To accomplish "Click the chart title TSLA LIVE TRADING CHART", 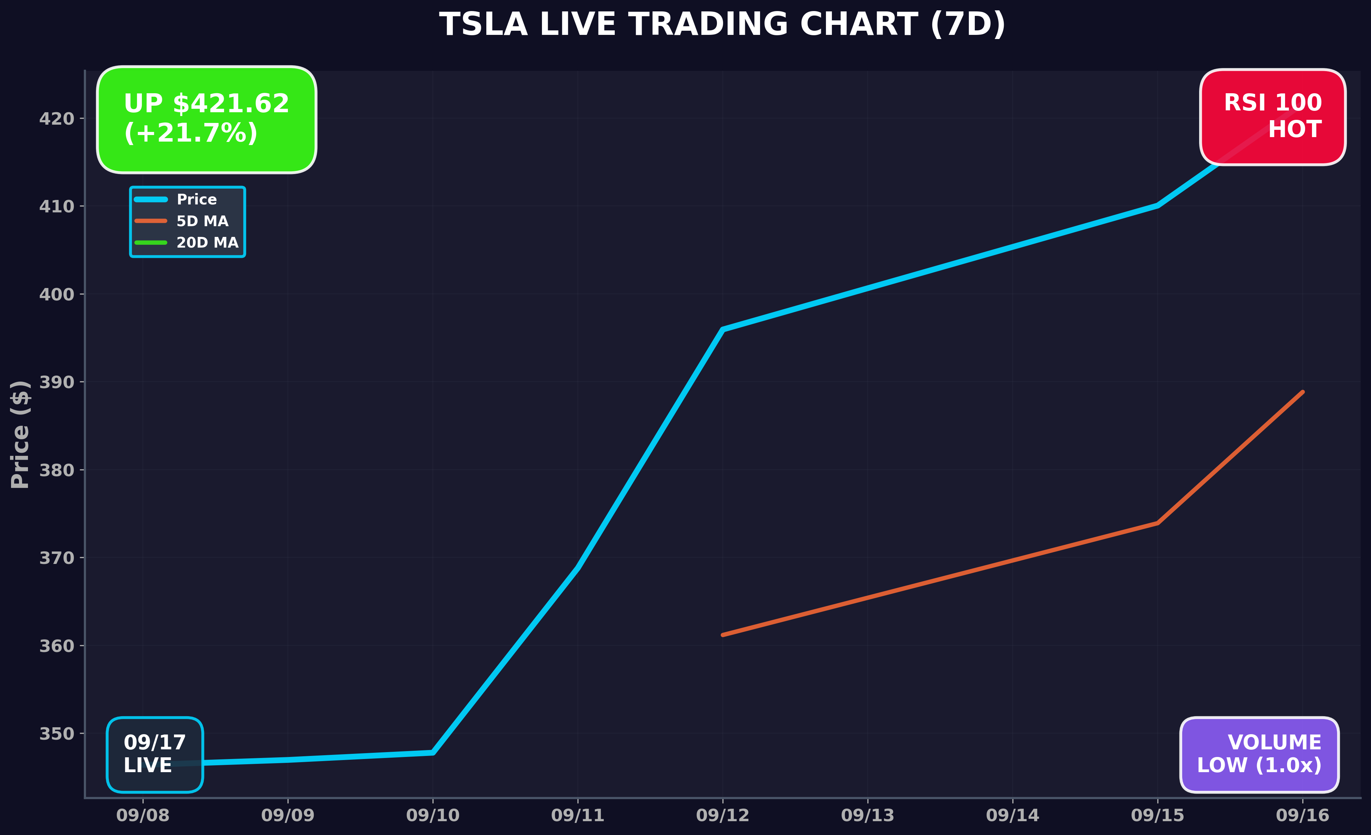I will [x=722, y=25].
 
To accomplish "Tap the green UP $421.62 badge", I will [x=206, y=119].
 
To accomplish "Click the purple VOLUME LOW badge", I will [x=1259, y=754].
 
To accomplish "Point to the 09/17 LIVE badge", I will [x=155, y=754].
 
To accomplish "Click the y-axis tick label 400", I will [x=56, y=295].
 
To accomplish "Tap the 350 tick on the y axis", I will [x=56, y=734].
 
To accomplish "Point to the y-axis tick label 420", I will [x=56, y=118].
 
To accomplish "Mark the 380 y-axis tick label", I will [x=56, y=470].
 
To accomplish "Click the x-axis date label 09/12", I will [x=722, y=816].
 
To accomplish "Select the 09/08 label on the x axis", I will [x=143, y=816].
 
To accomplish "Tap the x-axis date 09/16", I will [x=1302, y=816].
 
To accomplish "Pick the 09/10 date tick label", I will [x=432, y=816].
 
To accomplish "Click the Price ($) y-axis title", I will [x=20, y=434].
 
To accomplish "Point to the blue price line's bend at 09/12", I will [x=722, y=329].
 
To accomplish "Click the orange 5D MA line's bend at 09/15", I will [x=1157, y=523].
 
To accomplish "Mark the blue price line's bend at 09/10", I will [x=432, y=752].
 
